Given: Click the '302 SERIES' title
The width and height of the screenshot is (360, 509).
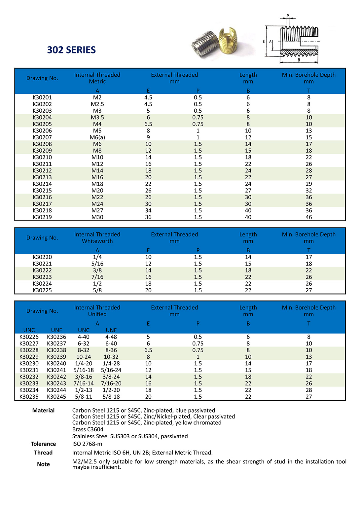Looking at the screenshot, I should coord(71,50).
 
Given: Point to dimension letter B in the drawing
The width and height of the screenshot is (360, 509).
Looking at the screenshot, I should coord(299,60).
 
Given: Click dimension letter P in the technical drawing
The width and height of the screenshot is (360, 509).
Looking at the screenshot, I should coord(288,16).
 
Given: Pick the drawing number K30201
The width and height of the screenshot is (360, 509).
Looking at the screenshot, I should coord(42,97).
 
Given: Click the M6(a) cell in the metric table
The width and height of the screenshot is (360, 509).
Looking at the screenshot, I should coord(97,137).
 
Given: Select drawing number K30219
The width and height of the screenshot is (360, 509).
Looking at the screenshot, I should coord(42,217).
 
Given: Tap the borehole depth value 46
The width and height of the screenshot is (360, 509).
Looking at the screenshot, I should coord(308,217).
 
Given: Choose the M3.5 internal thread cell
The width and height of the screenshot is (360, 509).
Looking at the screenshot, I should coord(97,117).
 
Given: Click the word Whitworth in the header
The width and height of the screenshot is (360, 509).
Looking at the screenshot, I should coord(97,241).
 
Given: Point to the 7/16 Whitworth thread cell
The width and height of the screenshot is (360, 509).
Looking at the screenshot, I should coord(97,277).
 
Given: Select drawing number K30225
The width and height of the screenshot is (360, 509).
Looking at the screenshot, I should coord(42,290).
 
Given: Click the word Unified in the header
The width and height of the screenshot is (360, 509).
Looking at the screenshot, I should coord(97,314).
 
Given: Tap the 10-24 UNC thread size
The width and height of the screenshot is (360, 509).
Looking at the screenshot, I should coord(84,357).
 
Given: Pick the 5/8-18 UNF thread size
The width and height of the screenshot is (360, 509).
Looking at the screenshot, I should coord(111,397).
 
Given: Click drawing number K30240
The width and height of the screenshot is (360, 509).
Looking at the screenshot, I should coord(56,363).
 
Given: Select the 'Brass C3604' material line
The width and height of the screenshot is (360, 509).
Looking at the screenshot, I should coord(88,429).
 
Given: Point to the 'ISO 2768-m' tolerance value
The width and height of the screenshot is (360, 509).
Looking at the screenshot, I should coord(87,444).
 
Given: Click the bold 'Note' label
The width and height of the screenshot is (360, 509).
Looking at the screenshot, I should coord(43,464).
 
